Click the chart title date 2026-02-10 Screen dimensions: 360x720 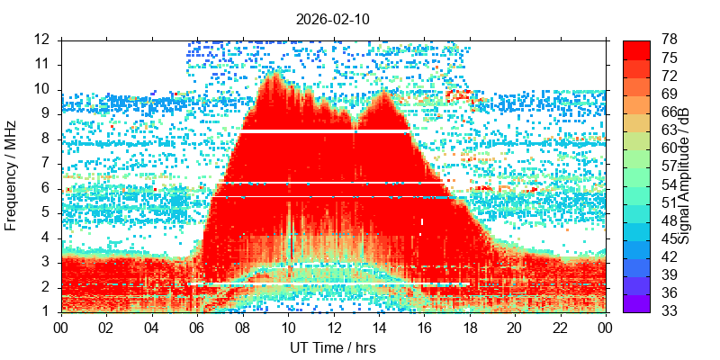[333, 19]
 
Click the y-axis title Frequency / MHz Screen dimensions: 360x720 [12, 175]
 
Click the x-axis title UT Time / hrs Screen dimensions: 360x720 [332, 347]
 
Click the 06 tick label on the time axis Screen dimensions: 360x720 [197, 328]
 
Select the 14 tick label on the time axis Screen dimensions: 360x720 [378, 328]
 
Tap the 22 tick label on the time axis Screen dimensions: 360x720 [559, 328]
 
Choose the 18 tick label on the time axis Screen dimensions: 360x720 [469, 328]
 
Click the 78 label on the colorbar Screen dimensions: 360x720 [670, 40]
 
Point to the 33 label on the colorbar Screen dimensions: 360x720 [670, 311]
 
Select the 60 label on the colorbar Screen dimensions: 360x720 [670, 148]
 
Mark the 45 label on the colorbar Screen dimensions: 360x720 [670, 238]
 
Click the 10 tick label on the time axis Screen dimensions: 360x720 [288, 328]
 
